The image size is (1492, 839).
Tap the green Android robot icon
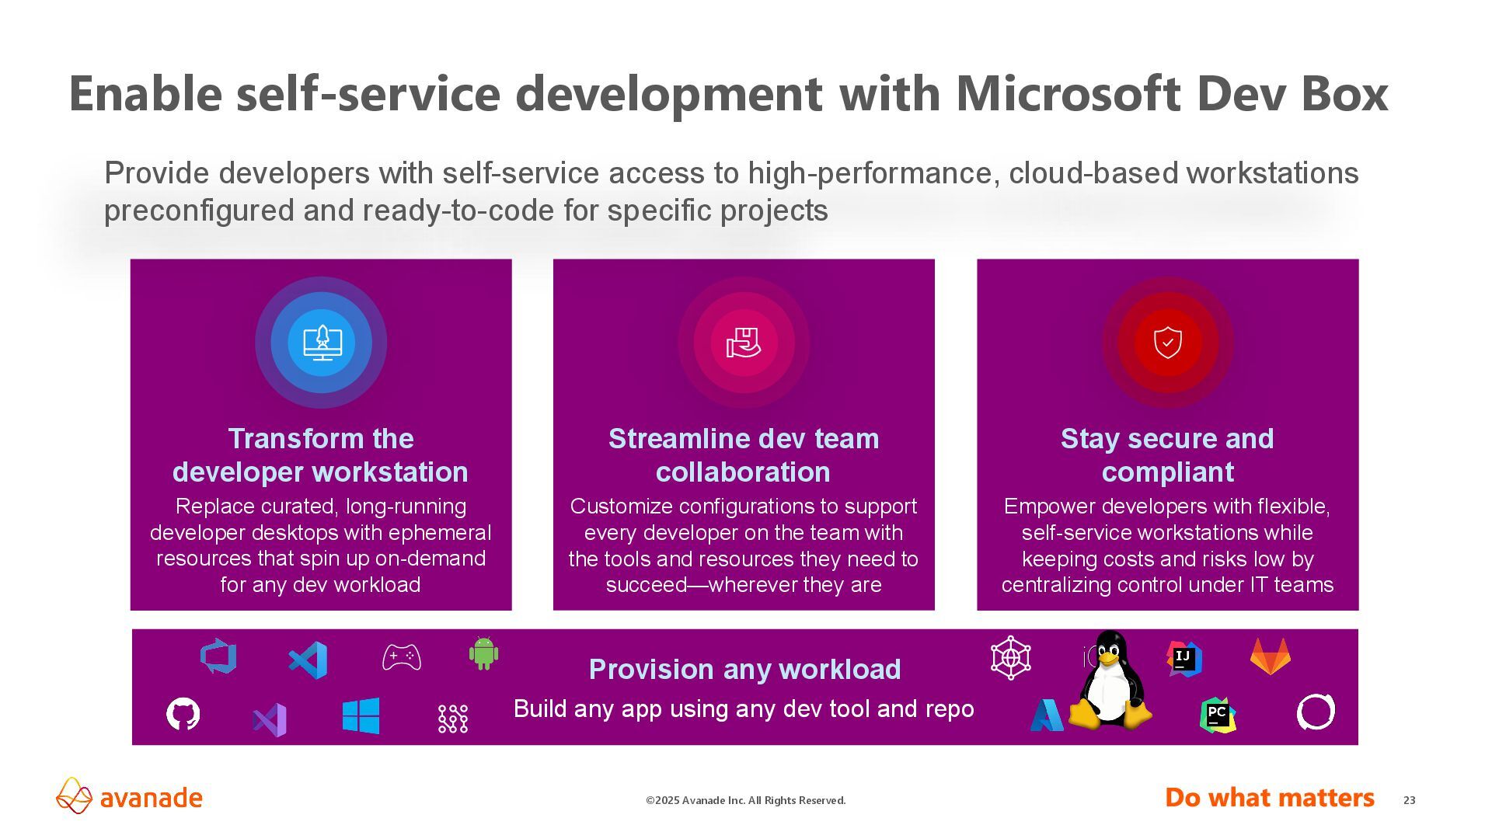click(x=483, y=653)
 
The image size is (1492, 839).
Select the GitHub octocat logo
click(x=183, y=714)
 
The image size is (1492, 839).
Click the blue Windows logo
click(x=361, y=715)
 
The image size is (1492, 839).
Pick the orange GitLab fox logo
click(x=1270, y=656)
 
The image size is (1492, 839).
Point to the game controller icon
click(x=402, y=657)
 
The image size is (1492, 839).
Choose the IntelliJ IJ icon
click(x=1184, y=659)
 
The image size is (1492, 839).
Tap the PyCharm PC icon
click(x=1217, y=715)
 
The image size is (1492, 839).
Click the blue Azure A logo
click(x=1047, y=715)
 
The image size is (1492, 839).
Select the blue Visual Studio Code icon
click(x=308, y=660)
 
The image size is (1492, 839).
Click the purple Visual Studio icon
click(x=270, y=719)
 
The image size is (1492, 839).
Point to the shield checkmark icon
click(x=1167, y=343)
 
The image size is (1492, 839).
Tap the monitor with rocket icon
click(x=322, y=343)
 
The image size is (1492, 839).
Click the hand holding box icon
click(x=744, y=343)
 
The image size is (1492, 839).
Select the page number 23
click(x=1409, y=800)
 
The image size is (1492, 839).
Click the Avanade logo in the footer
click(x=129, y=797)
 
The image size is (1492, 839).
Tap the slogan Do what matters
click(x=1269, y=798)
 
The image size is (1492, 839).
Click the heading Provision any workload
click(x=744, y=669)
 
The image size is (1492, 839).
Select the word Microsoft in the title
click(x=1068, y=93)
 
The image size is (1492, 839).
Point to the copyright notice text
click(x=745, y=800)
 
